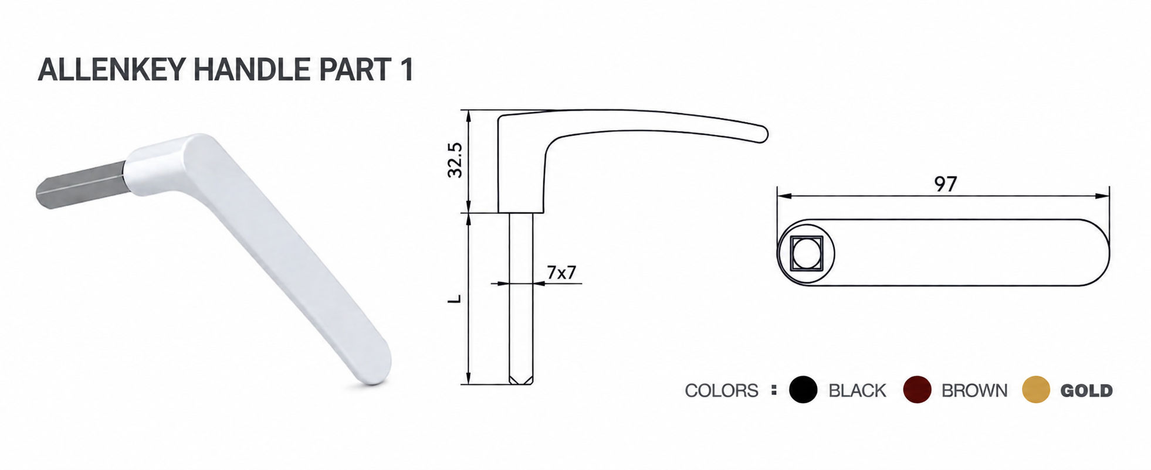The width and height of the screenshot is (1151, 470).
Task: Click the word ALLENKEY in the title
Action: tap(112, 70)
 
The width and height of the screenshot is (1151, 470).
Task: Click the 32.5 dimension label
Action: tap(455, 160)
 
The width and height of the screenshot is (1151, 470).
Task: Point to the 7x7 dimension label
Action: tap(561, 273)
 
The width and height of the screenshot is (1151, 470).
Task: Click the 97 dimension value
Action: tap(946, 184)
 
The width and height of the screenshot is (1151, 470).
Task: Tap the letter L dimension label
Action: tap(455, 299)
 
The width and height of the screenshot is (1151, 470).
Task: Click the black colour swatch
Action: tap(803, 390)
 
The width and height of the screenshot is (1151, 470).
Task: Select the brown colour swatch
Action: tap(917, 390)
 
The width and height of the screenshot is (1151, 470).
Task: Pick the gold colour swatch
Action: tap(1036, 390)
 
